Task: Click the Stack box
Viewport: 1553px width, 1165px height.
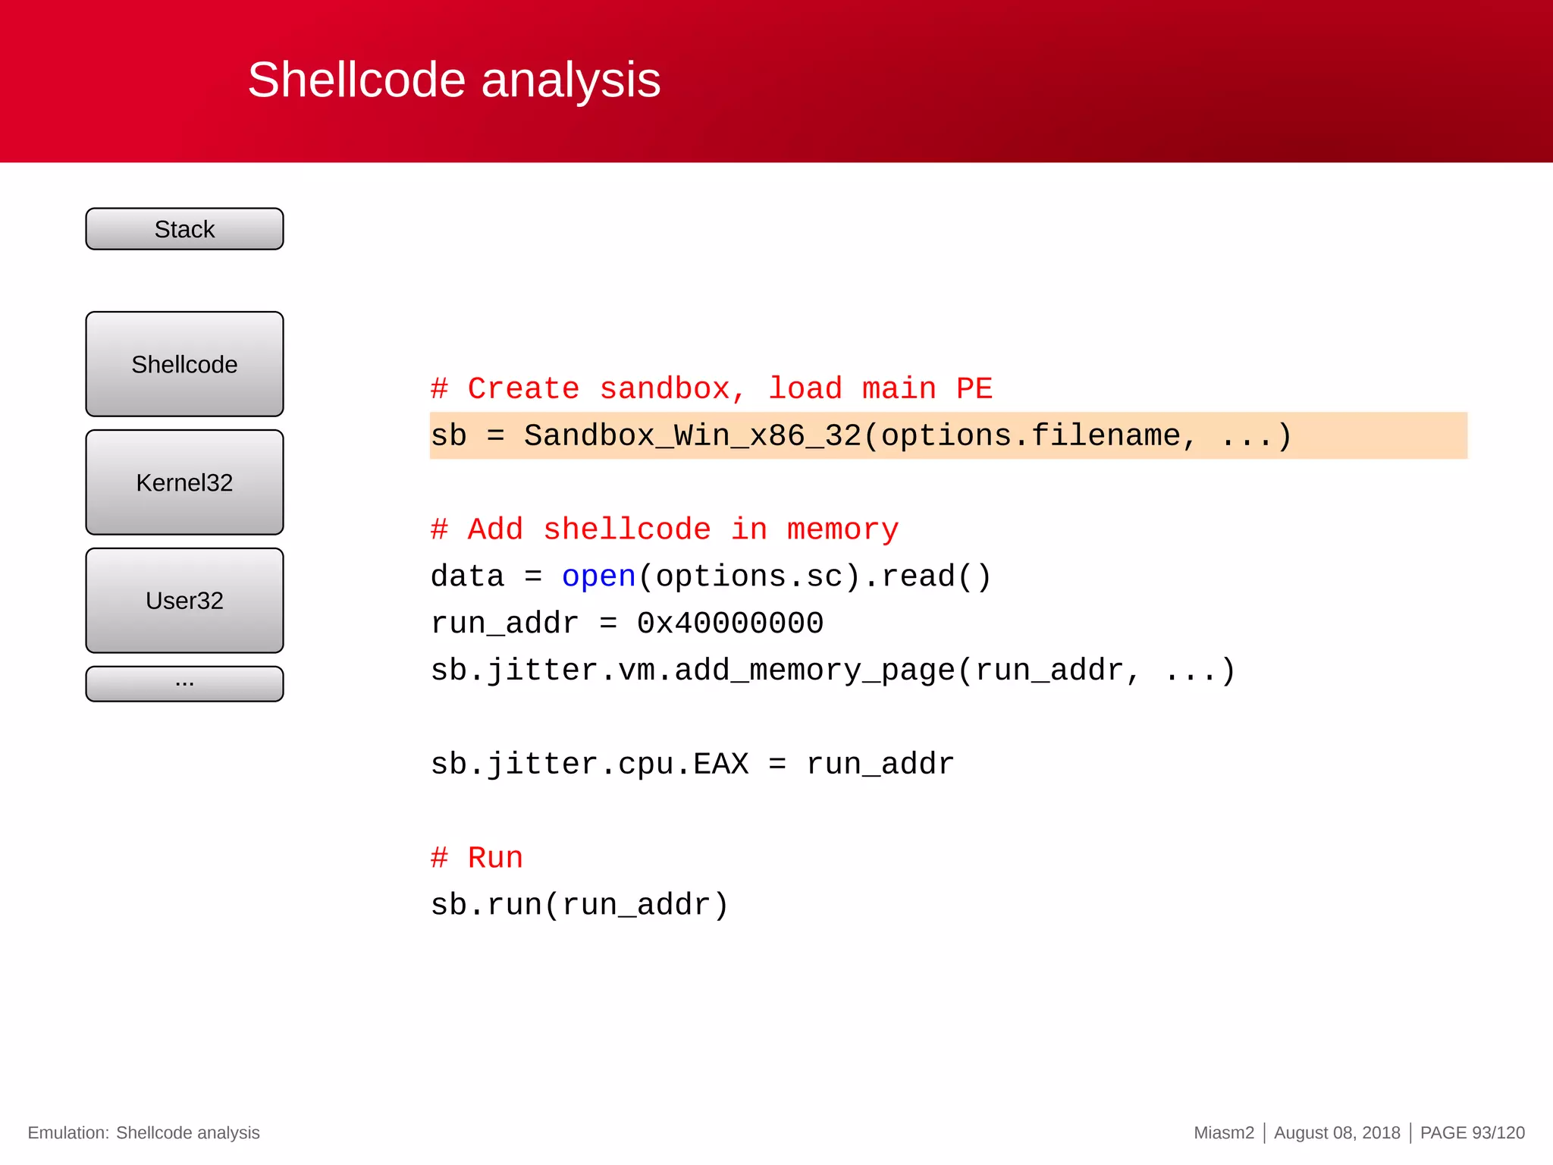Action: pos(184,229)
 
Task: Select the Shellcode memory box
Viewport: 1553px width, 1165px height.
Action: pos(184,364)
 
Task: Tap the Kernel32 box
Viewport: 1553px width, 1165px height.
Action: pos(184,482)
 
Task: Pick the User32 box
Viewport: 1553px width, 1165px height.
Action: pos(184,601)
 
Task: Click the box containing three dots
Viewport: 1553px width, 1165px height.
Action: pos(184,683)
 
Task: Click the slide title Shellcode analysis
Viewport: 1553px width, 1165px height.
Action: pos(453,80)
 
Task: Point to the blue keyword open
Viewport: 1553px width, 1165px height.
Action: pos(598,576)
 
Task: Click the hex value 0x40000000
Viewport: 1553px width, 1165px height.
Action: pos(729,623)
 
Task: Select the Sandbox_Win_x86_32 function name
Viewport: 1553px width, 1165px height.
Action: pos(692,436)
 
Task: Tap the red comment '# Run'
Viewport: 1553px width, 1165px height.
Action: pos(477,858)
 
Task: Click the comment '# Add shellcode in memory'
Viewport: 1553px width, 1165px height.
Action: pos(664,529)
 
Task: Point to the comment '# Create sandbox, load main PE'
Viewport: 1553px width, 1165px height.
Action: pos(711,389)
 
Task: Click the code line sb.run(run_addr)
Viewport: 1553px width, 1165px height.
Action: pos(579,905)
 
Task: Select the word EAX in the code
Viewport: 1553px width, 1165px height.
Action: pos(720,764)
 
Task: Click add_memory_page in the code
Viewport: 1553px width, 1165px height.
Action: pos(814,670)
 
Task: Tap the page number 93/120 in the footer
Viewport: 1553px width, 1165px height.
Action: pos(1498,1133)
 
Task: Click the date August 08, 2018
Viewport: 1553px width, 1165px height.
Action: pos(1337,1133)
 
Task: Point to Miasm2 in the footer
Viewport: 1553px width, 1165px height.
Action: pos(1224,1133)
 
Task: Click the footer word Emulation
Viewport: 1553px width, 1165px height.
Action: pos(68,1133)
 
